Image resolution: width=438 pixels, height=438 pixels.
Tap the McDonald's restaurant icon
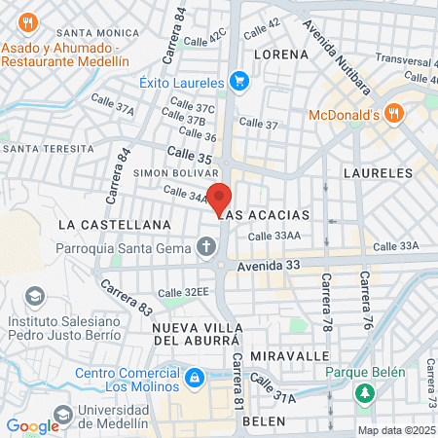pos(394,114)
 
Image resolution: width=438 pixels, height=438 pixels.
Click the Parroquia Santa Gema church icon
pos(205,248)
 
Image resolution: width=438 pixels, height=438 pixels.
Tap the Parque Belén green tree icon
pos(365,393)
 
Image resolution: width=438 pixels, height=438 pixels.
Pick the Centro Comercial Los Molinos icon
pos(195,376)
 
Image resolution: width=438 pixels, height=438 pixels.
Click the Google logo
pos(32,426)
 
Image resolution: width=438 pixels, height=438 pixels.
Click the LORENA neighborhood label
pos(281,55)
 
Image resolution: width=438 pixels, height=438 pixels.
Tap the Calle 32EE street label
pos(184,292)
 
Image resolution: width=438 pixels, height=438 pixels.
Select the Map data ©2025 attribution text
pos(395,430)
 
